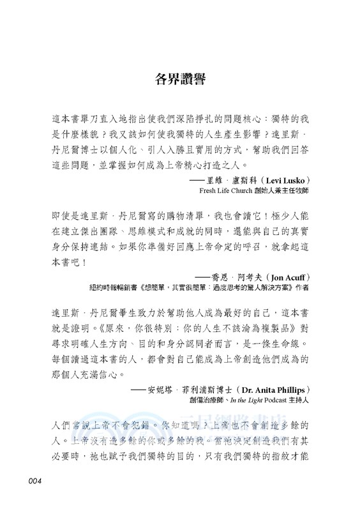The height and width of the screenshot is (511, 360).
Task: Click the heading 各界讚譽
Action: pyautogui.click(x=179, y=80)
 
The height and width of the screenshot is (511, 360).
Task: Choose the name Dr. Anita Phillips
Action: pyautogui.click(x=275, y=389)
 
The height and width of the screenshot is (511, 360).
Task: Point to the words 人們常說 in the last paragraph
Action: pyautogui.click(x=68, y=425)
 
